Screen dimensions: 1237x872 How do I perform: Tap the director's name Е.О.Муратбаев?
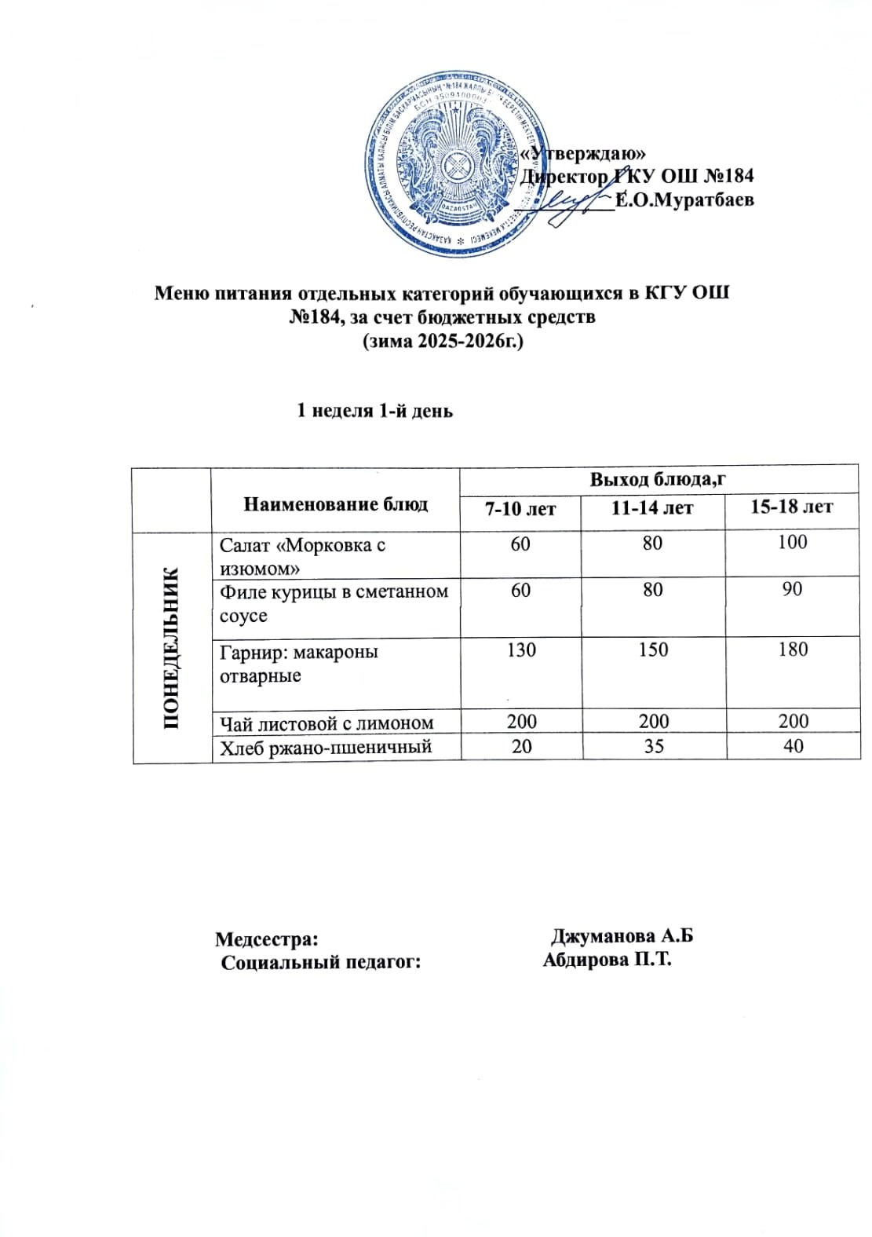tap(684, 199)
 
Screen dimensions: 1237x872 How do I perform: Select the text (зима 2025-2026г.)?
tap(442, 342)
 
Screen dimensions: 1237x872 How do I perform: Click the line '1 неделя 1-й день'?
tap(374, 411)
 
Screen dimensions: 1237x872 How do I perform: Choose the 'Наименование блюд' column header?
tap(335, 504)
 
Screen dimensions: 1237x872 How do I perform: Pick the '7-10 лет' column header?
tap(520, 509)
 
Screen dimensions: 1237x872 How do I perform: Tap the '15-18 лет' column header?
tap(791, 507)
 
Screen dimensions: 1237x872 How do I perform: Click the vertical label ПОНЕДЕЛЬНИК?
tap(172, 647)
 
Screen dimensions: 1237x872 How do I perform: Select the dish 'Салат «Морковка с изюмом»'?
tap(302, 556)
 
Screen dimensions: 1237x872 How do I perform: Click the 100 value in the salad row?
tap(793, 542)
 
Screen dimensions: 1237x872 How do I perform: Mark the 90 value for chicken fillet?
tap(793, 589)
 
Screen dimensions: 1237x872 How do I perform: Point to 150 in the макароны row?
tap(653, 650)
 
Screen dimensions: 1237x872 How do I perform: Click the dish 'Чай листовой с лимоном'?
tap(327, 723)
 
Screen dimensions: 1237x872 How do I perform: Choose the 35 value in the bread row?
tap(653, 746)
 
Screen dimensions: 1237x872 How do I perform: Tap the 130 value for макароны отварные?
tap(521, 650)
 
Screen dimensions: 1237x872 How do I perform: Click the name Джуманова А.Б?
tap(622, 936)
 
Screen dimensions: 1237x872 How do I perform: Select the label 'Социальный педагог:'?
tap(321, 962)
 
